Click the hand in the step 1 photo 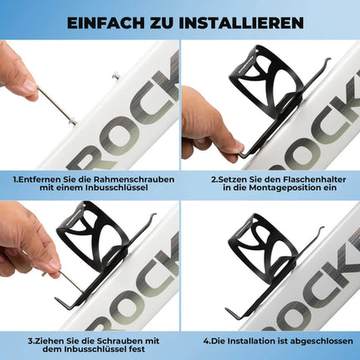tap(17, 75)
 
